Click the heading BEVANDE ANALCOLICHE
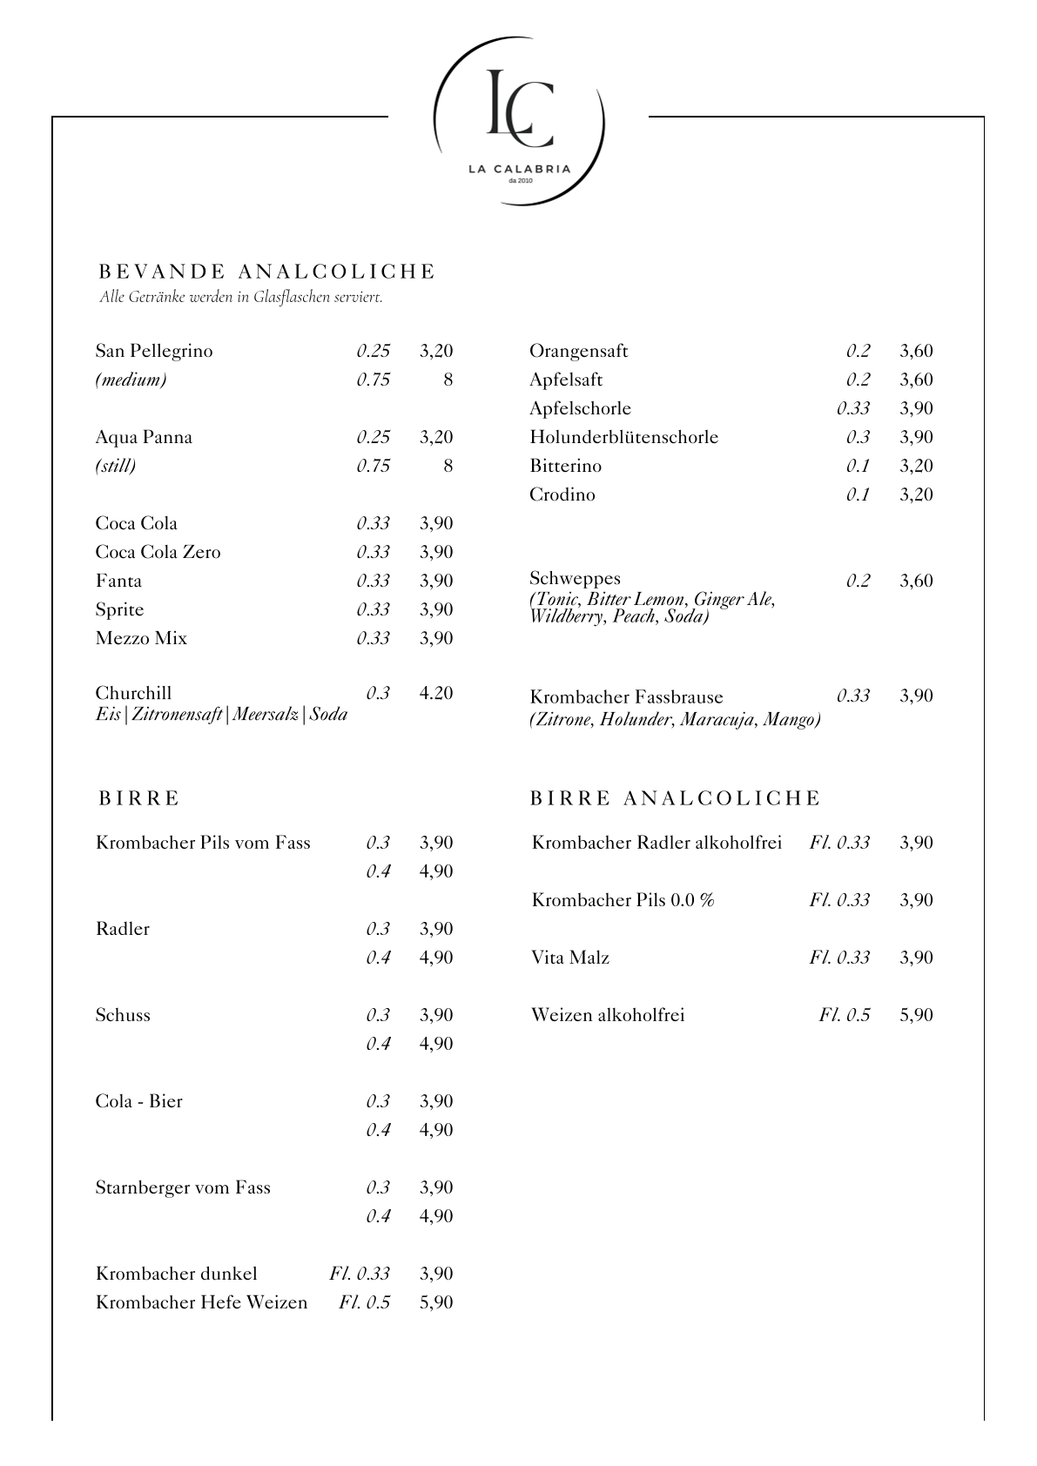click(266, 272)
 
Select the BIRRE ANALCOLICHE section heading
click(676, 798)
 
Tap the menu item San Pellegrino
click(154, 351)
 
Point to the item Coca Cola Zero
click(158, 552)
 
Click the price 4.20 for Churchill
click(436, 693)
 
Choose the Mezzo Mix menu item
click(141, 638)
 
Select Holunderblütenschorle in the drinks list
click(623, 437)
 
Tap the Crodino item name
click(562, 494)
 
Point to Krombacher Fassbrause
click(626, 697)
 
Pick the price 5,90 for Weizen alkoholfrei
click(916, 1015)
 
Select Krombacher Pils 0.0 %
click(623, 900)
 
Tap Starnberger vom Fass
click(183, 1187)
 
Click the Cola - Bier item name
click(139, 1101)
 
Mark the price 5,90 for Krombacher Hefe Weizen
click(436, 1302)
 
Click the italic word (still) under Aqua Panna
click(116, 466)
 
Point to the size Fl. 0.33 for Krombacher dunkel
click(359, 1274)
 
